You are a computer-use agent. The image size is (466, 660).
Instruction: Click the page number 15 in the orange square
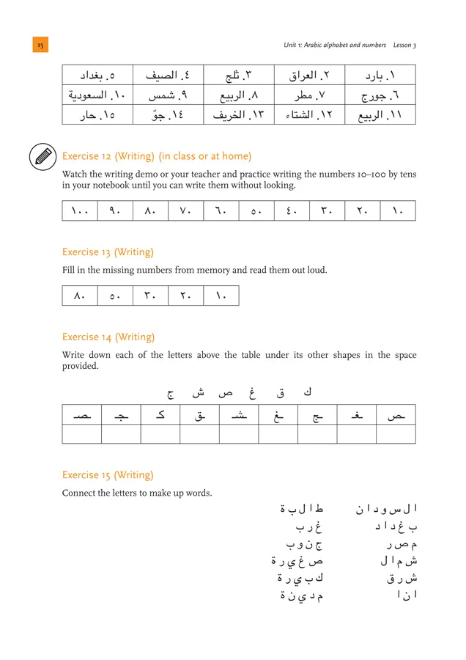(x=40, y=45)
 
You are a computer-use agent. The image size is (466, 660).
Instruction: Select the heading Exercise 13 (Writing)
(x=108, y=252)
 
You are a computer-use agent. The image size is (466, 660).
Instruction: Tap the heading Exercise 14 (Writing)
(x=108, y=337)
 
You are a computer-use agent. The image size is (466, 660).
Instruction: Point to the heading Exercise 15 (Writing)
(x=108, y=475)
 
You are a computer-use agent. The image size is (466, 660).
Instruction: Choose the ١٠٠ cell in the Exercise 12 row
(x=80, y=211)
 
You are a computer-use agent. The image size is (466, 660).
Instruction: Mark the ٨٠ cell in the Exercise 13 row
(x=80, y=296)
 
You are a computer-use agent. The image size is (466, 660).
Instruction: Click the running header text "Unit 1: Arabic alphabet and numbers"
(x=335, y=45)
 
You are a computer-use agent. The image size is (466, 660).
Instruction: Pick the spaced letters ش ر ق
(x=402, y=579)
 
